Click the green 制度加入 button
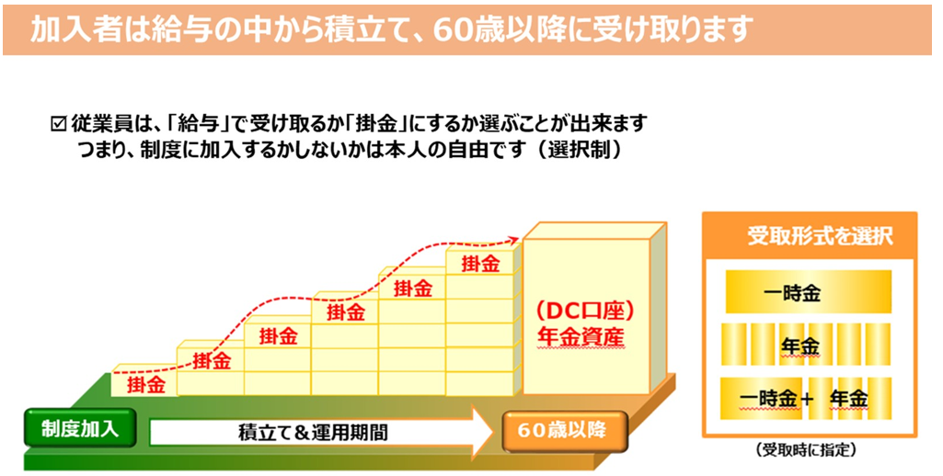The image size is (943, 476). (80, 428)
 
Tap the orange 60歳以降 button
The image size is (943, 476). (562, 430)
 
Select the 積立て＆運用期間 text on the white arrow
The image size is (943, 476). (313, 433)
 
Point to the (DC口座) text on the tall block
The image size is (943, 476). (585, 312)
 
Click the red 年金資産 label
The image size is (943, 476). (581, 337)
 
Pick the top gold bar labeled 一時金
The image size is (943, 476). (809, 292)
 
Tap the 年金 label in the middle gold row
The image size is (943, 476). (799, 346)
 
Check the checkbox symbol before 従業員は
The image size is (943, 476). (58, 124)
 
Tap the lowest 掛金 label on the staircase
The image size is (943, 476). (146, 384)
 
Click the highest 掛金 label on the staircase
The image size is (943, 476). (480, 264)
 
